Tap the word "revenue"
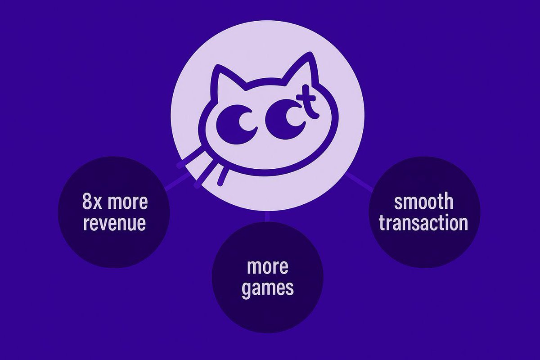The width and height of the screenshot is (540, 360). tap(114, 223)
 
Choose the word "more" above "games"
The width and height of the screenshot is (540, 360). tap(267, 267)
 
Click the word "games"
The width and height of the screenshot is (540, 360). tap(267, 288)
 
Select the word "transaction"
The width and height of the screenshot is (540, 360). tap(423, 223)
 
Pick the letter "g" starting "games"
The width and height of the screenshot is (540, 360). tap(247, 290)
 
